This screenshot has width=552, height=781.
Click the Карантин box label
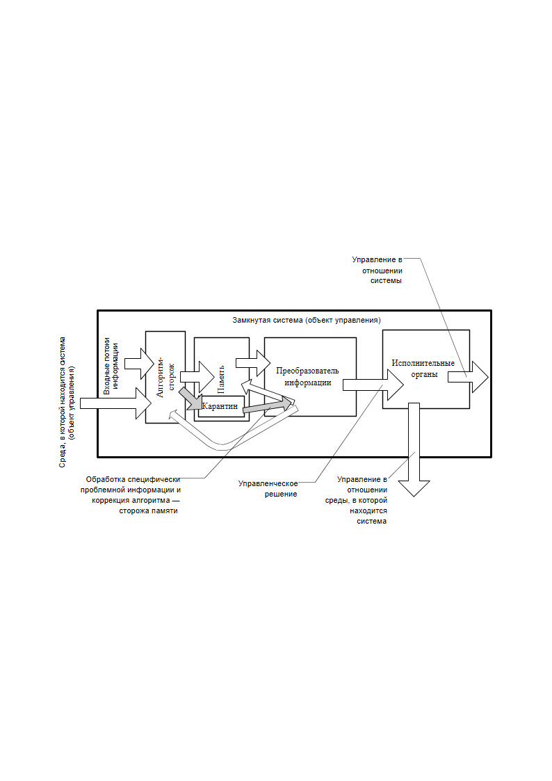pos(220,406)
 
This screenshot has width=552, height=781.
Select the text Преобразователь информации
pos(307,376)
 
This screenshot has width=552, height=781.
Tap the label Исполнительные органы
pos(423,369)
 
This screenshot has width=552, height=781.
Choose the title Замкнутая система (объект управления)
pos(307,321)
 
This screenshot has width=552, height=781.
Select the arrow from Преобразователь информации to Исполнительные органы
pos(373,385)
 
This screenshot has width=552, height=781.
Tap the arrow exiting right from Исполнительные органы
pos(468,377)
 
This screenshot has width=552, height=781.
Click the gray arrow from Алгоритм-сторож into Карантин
pos(190,398)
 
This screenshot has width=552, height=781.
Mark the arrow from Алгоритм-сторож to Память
pos(197,377)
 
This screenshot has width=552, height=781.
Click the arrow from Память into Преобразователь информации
pos(253,363)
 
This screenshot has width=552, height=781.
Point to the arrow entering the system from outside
pos(115,403)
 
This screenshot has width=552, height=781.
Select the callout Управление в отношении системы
pos(378,270)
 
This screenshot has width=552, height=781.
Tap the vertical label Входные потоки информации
pos(111,366)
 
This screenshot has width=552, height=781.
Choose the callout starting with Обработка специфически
pos(131,495)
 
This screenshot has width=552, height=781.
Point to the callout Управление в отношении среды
pos(357,500)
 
